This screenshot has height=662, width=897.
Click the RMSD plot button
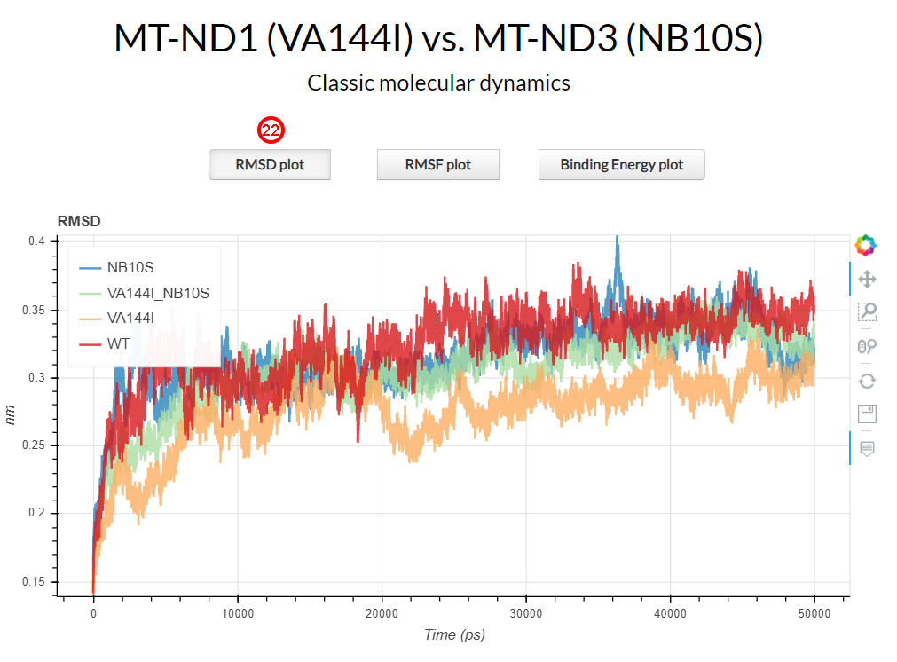coord(270,165)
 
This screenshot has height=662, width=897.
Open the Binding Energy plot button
coord(621,165)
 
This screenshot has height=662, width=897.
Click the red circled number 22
coord(271,130)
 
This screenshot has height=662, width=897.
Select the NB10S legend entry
coord(130,266)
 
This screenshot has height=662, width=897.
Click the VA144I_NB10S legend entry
coord(156,292)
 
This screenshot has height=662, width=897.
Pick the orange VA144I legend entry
coord(130,317)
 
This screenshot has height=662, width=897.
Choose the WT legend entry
coord(118,343)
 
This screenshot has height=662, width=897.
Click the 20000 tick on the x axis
coord(382,613)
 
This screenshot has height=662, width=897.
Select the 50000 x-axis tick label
coord(814,613)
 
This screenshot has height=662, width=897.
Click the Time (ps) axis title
coord(453,634)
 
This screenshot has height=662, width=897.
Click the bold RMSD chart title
coord(79,220)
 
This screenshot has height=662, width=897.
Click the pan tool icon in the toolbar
coord(867,280)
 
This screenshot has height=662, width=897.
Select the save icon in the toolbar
coord(867,414)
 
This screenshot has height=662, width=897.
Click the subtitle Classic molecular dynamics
coord(438,83)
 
